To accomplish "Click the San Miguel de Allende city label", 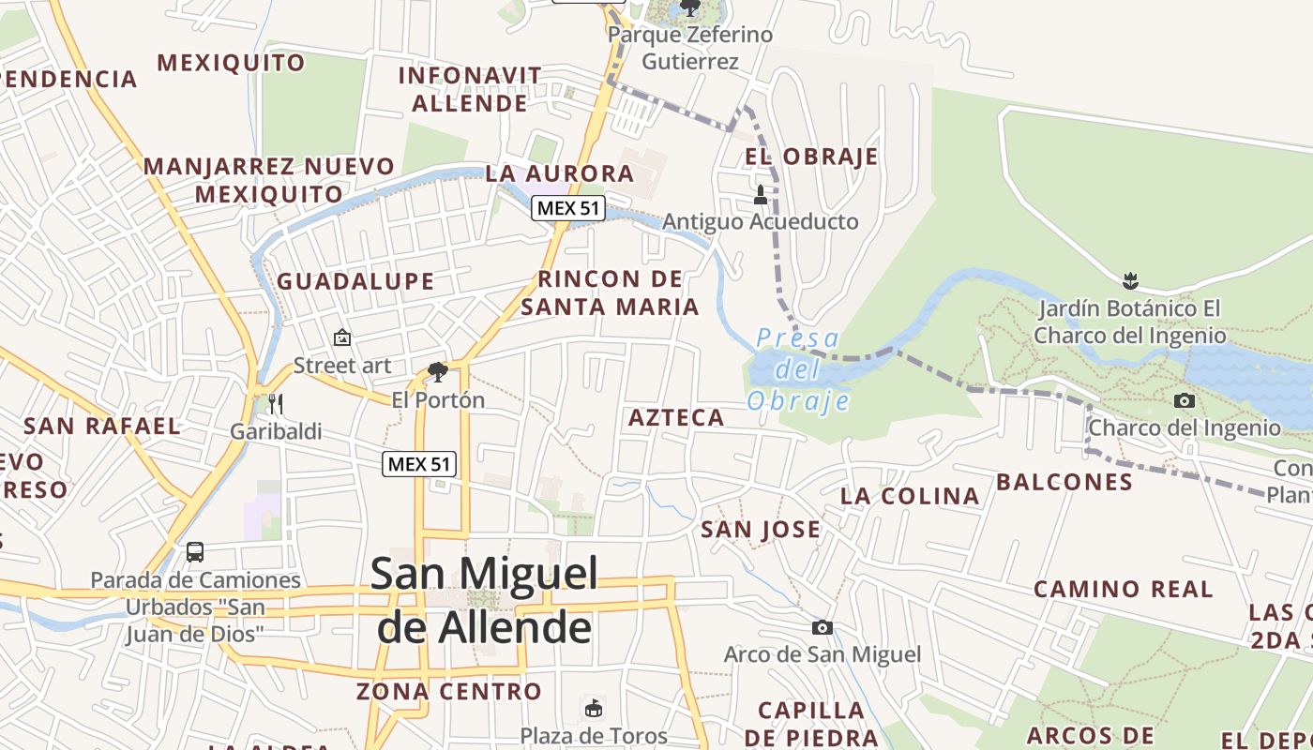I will click(x=484, y=600).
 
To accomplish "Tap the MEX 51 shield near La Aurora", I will click(x=567, y=208).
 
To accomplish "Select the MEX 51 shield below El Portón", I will click(x=419, y=463).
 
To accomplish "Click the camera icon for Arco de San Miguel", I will click(x=823, y=627).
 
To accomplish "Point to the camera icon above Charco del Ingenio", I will click(x=1185, y=401).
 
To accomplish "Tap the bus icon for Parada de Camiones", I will click(x=195, y=552).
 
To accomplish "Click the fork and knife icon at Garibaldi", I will click(x=275, y=404).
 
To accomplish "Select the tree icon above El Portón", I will click(x=437, y=372).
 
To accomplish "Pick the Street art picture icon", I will click(x=342, y=337).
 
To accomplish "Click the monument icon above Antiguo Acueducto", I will click(x=761, y=195).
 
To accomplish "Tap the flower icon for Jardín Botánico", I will click(x=1130, y=280).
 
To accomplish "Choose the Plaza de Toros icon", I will click(x=593, y=708).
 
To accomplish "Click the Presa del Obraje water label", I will click(x=798, y=369).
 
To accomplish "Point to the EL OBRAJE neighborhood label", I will click(x=811, y=157).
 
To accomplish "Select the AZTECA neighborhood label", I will click(x=676, y=418).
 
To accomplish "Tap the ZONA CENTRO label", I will click(x=449, y=692).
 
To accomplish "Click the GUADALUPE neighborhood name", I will click(x=355, y=281).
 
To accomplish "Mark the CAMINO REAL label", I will click(x=1123, y=590).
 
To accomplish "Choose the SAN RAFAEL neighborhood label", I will click(x=101, y=426).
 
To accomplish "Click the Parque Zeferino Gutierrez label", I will click(x=690, y=48).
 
